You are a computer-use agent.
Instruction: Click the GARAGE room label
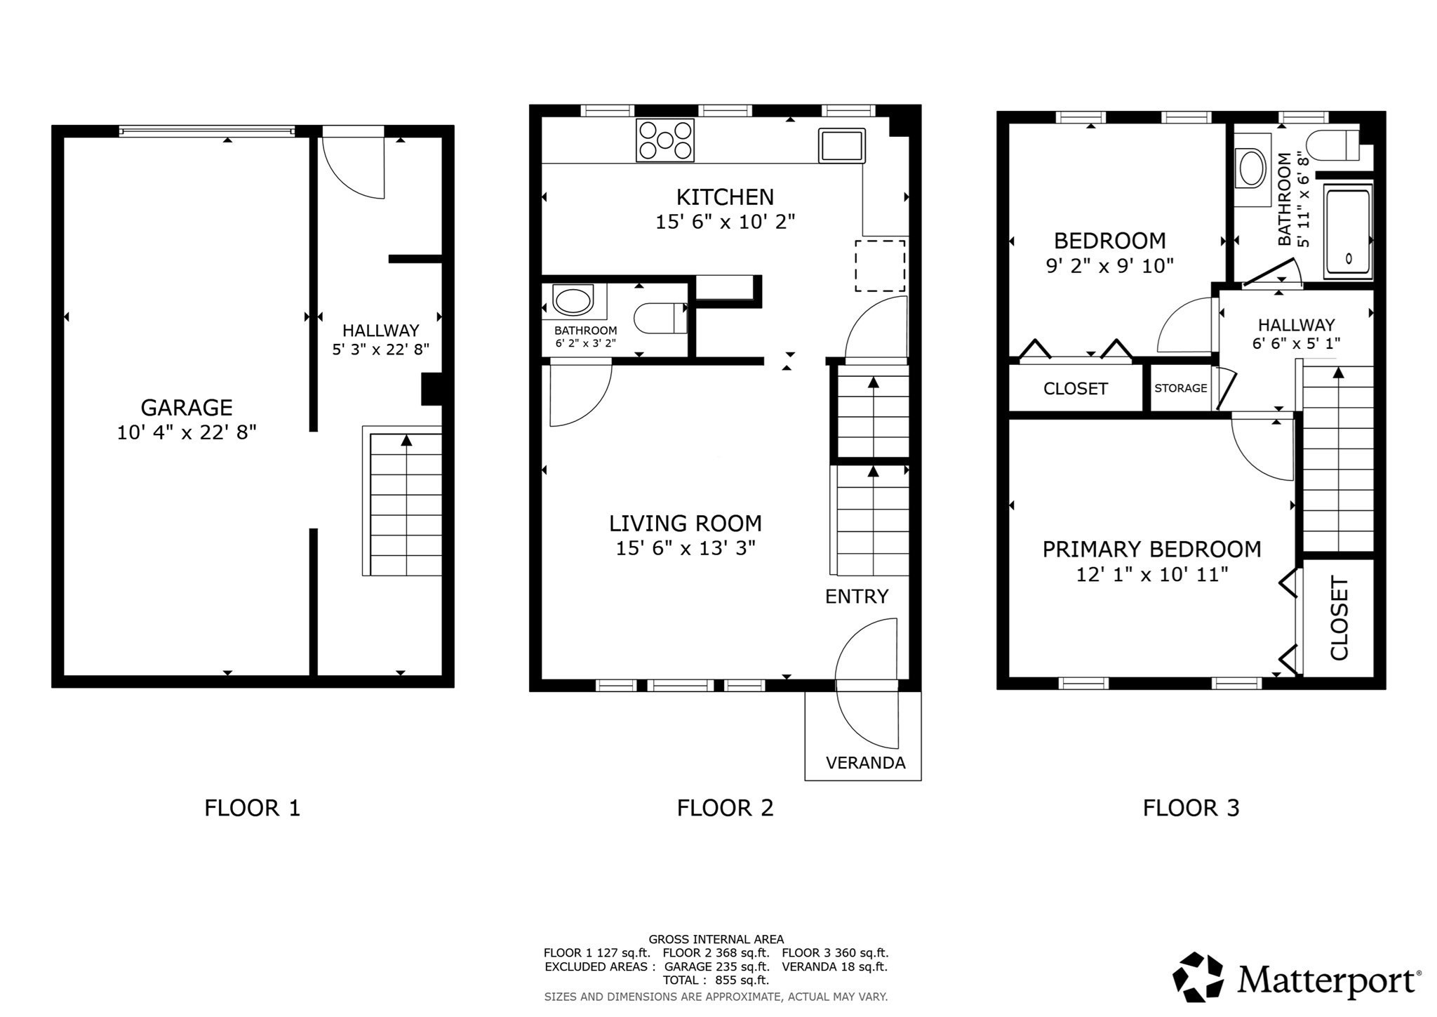pos(187,407)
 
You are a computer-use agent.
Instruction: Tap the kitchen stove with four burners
pos(664,140)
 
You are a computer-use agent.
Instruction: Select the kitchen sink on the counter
pos(841,145)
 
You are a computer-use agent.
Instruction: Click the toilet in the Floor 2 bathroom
pos(660,318)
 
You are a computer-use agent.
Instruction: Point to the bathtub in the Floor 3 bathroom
pos(1347,232)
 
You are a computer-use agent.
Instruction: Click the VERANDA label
pos(865,763)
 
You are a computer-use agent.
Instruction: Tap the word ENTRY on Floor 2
pos(856,597)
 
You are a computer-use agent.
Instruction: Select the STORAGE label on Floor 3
pos(1180,388)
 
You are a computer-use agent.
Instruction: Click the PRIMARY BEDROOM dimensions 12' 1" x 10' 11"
pos(1151,575)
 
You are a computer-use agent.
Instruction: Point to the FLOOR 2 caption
pos(725,808)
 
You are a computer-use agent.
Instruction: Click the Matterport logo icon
pos(1198,977)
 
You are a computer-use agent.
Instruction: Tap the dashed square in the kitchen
pos(879,265)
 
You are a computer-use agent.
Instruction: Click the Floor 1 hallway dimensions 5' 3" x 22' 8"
pos(380,349)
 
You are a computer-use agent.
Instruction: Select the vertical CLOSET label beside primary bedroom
pos(1339,618)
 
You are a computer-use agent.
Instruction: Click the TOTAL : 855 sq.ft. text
pos(715,981)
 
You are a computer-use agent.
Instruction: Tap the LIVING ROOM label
pos(685,524)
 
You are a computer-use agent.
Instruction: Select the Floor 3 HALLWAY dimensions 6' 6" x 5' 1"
pos(1296,344)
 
